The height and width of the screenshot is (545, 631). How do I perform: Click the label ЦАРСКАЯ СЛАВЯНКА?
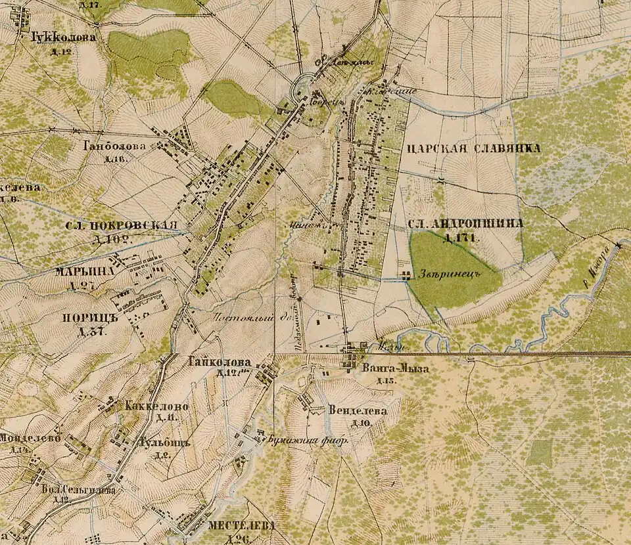(473, 148)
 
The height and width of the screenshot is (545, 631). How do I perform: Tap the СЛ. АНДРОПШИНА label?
(465, 224)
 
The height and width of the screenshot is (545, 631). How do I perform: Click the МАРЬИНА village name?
(85, 271)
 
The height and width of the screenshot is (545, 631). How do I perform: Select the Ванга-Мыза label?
(395, 369)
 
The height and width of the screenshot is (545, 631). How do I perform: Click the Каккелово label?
(158, 406)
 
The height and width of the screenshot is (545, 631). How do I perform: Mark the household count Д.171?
(458, 237)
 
